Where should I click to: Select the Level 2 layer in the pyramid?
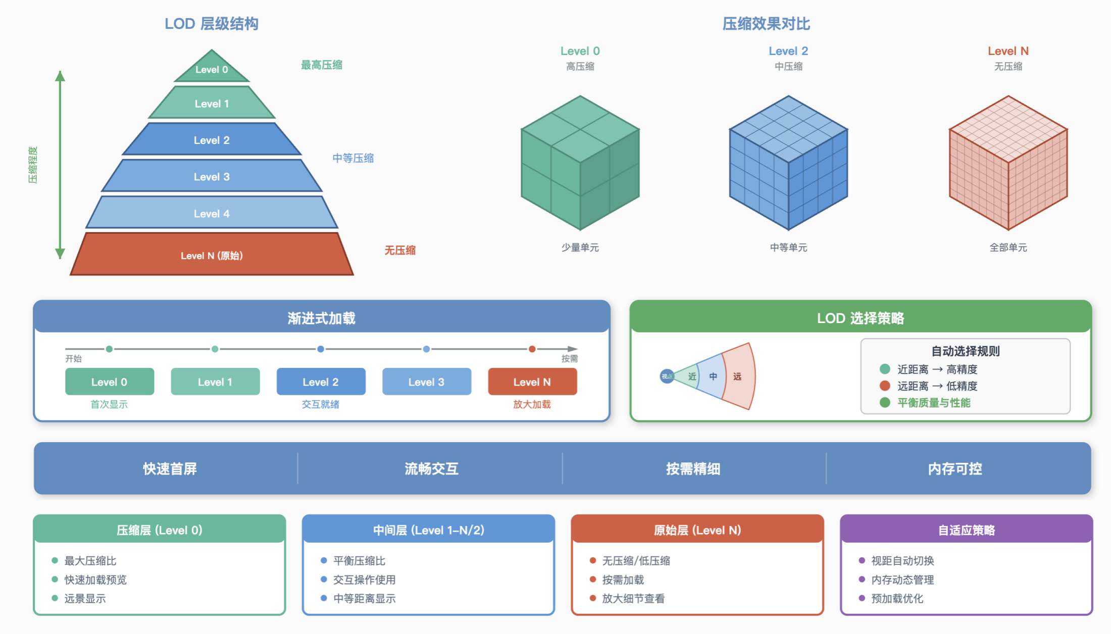click(x=212, y=140)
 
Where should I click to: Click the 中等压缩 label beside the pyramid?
click(x=353, y=158)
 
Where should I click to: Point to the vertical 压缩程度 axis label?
click(x=33, y=165)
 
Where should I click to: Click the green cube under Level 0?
click(x=580, y=163)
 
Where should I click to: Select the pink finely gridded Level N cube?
click(x=1008, y=163)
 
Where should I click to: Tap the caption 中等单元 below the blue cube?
click(x=788, y=247)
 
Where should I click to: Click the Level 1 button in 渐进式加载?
click(x=215, y=382)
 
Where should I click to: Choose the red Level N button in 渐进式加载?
click(x=532, y=382)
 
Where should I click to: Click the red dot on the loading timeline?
click(x=532, y=349)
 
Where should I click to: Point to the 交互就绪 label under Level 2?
click(x=320, y=404)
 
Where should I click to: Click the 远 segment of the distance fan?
click(x=738, y=377)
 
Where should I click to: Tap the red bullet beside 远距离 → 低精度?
click(x=885, y=386)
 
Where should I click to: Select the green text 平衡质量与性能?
click(x=934, y=403)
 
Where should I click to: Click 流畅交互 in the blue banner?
click(x=431, y=469)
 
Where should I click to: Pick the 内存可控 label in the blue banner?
click(x=955, y=469)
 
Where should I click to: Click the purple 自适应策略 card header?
click(x=966, y=530)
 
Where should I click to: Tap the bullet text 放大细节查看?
click(x=633, y=599)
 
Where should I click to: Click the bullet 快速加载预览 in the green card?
click(x=95, y=579)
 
